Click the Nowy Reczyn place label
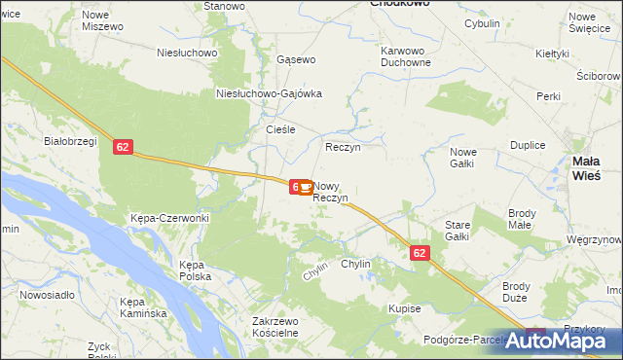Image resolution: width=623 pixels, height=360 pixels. click(331, 192)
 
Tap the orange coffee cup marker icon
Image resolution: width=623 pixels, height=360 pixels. click(305, 186)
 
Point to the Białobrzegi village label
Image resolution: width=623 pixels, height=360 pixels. click(68, 140)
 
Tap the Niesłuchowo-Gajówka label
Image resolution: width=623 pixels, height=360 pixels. click(269, 93)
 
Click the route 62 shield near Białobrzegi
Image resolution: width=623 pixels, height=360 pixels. click(122, 147)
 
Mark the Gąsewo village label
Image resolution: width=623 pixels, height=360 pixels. click(296, 59)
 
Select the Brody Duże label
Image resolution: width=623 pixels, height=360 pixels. click(515, 292)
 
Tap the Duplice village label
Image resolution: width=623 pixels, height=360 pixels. click(527, 144)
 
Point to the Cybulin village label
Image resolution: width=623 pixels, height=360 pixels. click(482, 23)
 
